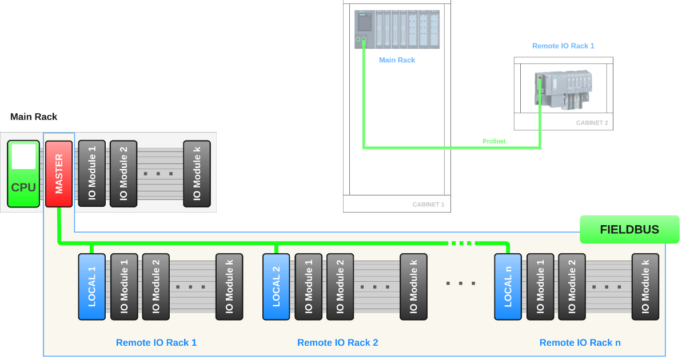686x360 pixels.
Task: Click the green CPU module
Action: coord(23,174)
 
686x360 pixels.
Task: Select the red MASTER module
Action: coord(59,174)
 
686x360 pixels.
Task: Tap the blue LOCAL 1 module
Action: coord(91,286)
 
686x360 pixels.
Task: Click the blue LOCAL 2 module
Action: coord(276,286)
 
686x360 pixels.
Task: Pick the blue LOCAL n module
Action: coord(508,286)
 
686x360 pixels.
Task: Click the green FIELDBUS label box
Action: coord(629,230)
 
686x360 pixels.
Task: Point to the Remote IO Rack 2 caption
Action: coord(337,343)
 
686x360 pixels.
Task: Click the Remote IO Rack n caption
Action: coord(580,343)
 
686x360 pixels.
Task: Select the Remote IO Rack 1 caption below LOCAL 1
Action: coord(156,343)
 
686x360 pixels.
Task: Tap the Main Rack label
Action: coord(397,60)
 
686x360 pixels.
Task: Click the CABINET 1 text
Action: coord(428,205)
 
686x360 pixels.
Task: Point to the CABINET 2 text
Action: coord(592,123)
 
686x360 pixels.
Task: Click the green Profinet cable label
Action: coord(494,141)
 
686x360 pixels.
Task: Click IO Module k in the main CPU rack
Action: coord(197,174)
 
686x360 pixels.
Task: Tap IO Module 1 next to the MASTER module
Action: coord(91,174)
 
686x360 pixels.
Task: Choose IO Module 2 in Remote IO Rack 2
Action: coord(340,286)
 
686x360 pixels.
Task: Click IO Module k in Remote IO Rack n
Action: coord(645,286)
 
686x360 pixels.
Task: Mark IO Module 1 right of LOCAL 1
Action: coord(124,286)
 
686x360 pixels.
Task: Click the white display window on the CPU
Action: coord(23,157)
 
